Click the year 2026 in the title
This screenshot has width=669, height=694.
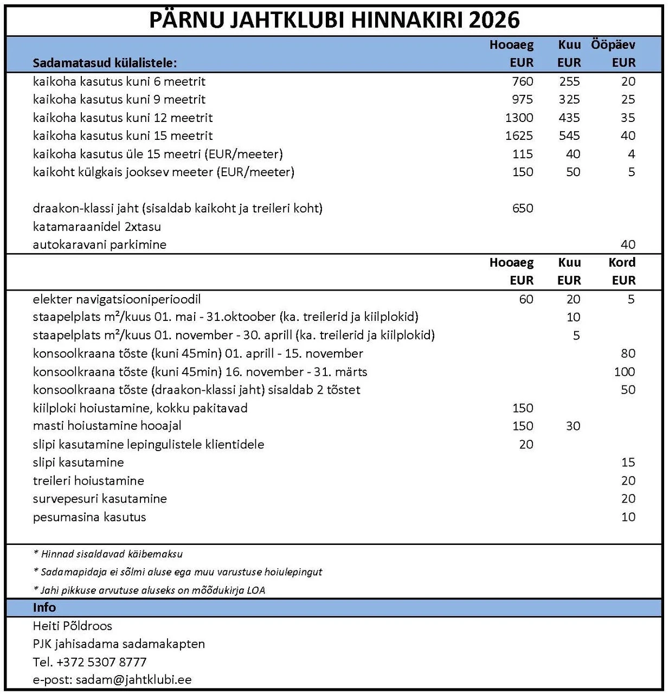pos(494,20)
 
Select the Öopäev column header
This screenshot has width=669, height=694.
pos(613,45)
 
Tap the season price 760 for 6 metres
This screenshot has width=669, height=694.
pos(522,81)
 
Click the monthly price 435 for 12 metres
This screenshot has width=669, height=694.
pos(569,118)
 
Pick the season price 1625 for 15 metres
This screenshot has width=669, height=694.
pos(519,136)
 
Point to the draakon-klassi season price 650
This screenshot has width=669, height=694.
pos(522,208)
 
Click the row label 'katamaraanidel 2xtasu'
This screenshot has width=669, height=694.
pos(97,227)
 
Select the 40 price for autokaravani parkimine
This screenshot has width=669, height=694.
pos(628,245)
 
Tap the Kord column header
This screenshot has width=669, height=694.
pos(621,262)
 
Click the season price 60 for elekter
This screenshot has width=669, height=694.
pos(526,299)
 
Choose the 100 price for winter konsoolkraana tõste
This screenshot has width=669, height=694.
pos(624,372)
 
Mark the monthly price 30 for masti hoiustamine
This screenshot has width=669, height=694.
pos(572,426)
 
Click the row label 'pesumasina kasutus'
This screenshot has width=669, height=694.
pos(89,517)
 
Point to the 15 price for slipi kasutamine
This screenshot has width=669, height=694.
pos(628,462)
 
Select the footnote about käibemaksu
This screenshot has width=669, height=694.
pos(108,554)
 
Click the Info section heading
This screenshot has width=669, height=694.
pos(44,607)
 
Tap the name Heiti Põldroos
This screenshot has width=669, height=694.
pos(72,626)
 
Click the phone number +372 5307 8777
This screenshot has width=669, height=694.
pos(101,662)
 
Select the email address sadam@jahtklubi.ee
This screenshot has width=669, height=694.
pos(133,680)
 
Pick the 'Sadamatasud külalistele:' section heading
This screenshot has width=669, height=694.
pos(105,63)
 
